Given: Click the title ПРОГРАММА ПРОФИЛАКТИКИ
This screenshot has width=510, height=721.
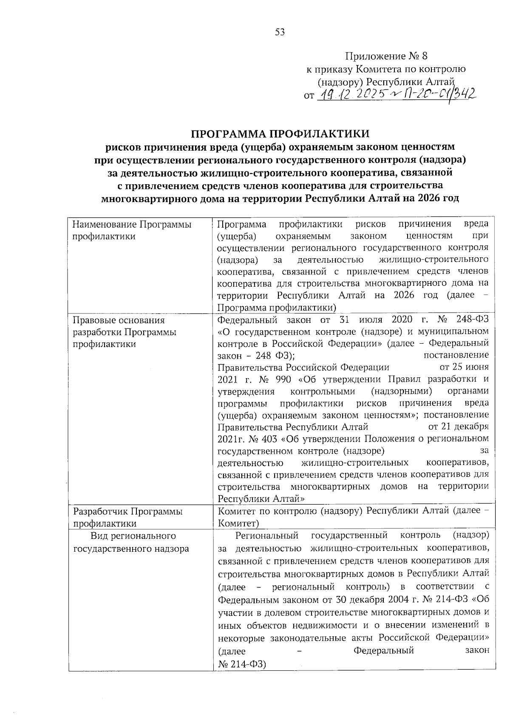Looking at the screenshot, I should click(x=280, y=134).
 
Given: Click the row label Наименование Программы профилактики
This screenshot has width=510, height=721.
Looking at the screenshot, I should click(x=132, y=230).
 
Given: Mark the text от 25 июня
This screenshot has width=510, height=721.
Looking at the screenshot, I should click(x=464, y=367).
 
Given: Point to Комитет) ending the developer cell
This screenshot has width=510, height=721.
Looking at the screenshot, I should click(x=238, y=523).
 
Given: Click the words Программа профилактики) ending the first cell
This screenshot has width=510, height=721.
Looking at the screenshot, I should click(x=277, y=308).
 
